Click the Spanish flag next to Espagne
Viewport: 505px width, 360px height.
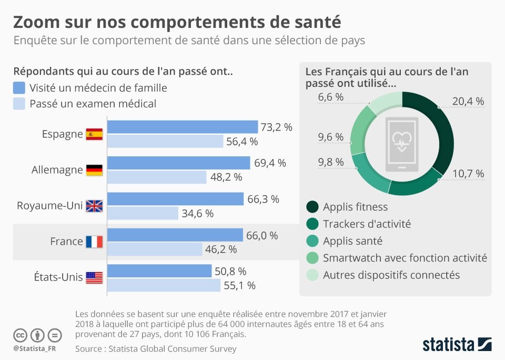94,134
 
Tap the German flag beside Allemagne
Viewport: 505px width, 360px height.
94,170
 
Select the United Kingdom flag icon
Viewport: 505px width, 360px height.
94,206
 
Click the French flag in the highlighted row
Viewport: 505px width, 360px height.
94,242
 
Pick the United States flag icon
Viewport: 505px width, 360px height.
94,277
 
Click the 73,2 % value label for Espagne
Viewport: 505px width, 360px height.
277,127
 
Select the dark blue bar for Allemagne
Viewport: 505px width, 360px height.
178,163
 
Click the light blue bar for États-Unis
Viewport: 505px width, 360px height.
164,285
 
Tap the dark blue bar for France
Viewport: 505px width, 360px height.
175,235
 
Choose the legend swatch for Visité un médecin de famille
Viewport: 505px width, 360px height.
19,88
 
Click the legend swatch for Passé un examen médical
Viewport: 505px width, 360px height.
19,104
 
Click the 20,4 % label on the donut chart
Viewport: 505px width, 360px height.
468,102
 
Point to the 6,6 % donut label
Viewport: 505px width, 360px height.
331,97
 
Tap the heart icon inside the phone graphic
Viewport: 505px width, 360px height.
402,140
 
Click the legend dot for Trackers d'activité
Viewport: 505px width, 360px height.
312,224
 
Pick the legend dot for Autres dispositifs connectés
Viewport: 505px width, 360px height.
312,275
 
